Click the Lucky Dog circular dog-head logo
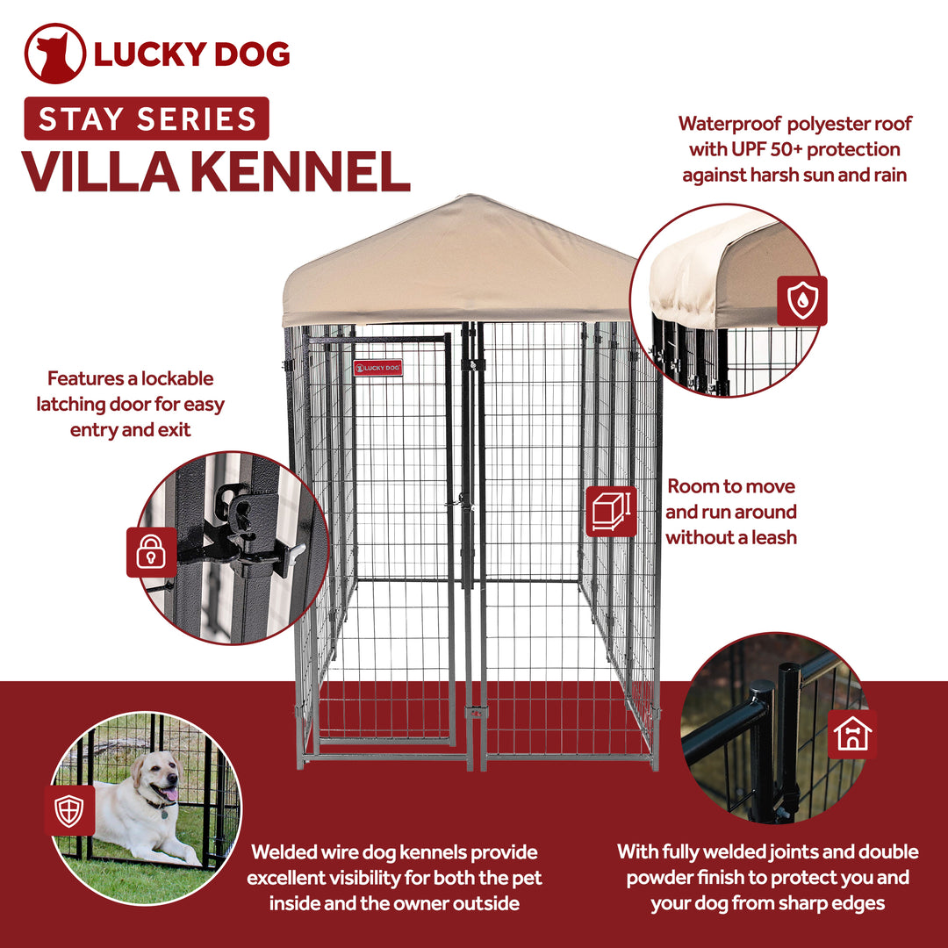click(54, 54)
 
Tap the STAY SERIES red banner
click(147, 118)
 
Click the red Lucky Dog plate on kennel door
click(378, 368)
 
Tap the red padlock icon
click(151, 552)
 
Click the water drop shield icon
click(801, 301)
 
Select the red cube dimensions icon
click(611, 511)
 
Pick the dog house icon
click(853, 735)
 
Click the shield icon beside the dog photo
click(69, 810)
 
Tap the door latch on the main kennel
click(460, 503)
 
